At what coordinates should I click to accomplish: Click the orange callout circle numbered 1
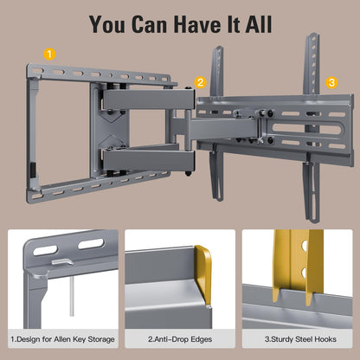coord(49,55)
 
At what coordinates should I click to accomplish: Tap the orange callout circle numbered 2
coord(200,82)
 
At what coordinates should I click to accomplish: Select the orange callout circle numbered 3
coord(331,83)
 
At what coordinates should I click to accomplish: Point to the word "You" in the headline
coord(107,24)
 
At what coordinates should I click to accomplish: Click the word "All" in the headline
coord(259,24)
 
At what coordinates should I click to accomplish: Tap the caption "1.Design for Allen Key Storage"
coord(62,339)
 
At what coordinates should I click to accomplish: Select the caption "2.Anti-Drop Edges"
coord(180,339)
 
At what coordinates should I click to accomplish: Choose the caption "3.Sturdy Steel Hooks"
coord(300,339)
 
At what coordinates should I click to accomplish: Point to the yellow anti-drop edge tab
coord(202,275)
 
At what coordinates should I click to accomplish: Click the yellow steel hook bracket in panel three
coord(297,266)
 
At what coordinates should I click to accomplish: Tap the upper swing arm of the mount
coord(149,99)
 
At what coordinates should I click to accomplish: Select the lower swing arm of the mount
coord(149,158)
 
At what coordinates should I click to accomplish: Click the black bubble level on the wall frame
coord(33,170)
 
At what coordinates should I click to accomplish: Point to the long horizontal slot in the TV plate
coord(307,129)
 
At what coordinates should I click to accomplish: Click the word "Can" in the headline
coord(150,24)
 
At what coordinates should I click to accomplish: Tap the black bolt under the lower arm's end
coord(189,174)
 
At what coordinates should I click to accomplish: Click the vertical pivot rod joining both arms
coord(188,130)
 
